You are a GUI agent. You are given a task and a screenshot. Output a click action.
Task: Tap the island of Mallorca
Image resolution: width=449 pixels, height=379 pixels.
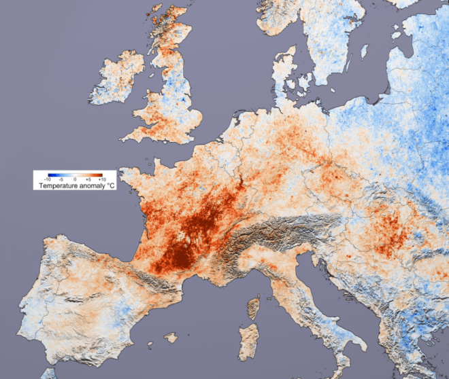tap(171, 337)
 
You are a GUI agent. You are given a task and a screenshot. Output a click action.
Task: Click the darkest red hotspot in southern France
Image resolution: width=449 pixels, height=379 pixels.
tap(180, 258)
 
